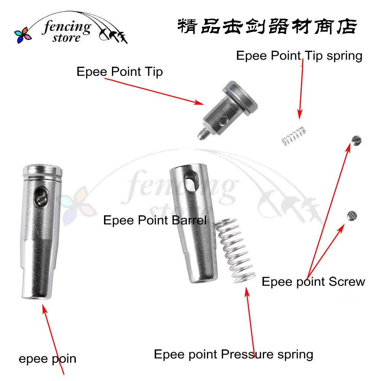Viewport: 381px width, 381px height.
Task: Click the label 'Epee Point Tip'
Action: click(120, 72)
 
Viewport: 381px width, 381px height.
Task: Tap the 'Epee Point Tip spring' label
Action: click(299, 56)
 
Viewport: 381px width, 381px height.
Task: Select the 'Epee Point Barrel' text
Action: click(155, 220)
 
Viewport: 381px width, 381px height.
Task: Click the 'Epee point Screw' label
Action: click(313, 282)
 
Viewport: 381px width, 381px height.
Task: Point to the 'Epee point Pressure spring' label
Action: click(233, 354)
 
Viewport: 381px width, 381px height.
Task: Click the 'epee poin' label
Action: click(48, 359)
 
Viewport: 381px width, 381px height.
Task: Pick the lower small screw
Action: click(352, 215)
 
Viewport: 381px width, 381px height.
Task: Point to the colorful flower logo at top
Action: click(23, 35)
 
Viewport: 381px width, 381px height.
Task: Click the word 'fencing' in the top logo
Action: click(67, 27)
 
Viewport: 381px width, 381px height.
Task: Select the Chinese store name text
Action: click(267, 27)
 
